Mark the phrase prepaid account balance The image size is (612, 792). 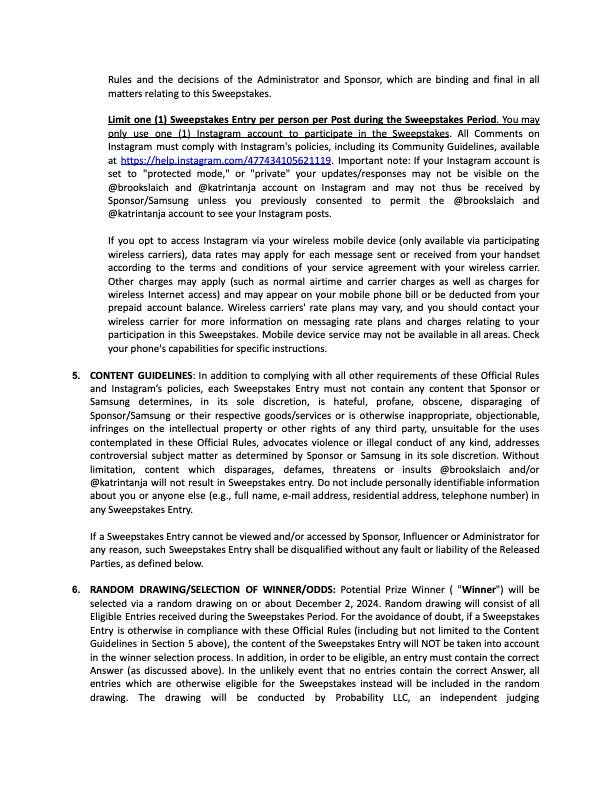click(160, 325)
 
